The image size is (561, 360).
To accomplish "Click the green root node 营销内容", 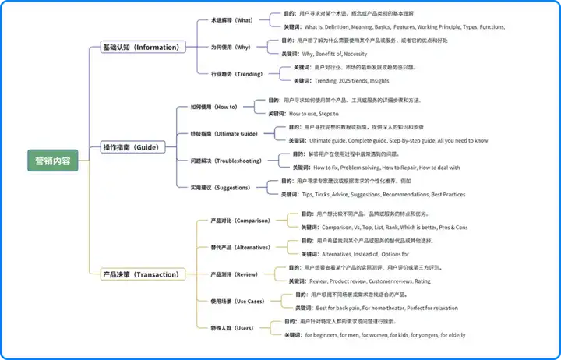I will point(53,161).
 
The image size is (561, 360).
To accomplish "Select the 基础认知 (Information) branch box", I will point(140,47).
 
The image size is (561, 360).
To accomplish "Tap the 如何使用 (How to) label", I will point(213,107).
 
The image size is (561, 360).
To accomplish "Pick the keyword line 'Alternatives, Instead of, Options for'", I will point(365,254).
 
